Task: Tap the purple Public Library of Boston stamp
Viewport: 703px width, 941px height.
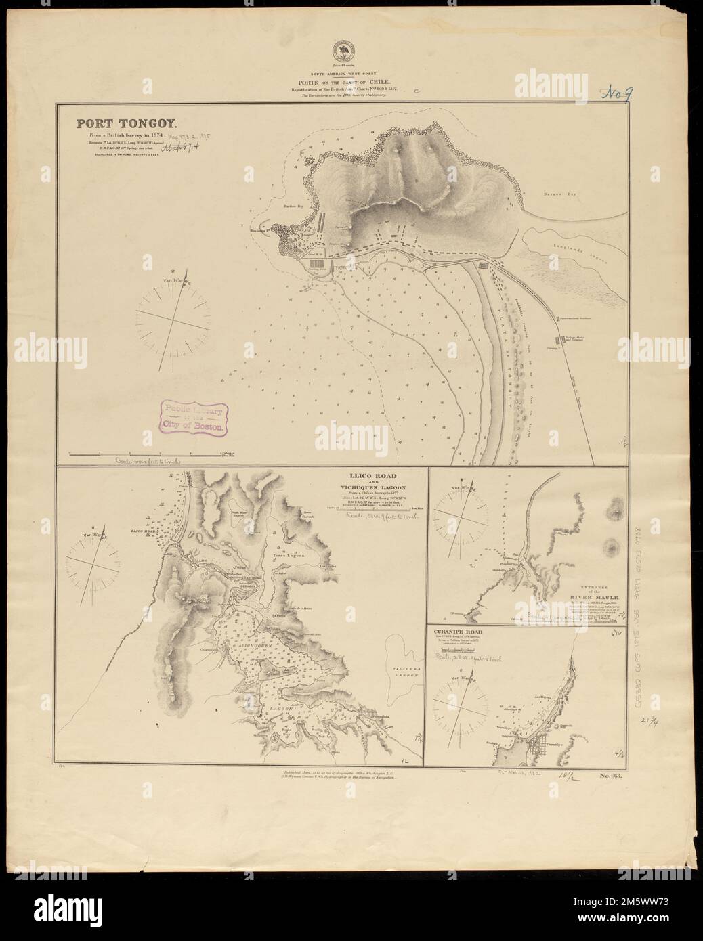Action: coord(192,417)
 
